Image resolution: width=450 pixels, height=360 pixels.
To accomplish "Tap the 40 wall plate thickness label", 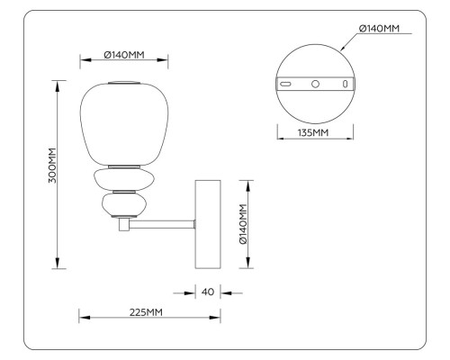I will pos(208,292).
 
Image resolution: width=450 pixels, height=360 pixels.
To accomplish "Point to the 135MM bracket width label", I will pos(314,133).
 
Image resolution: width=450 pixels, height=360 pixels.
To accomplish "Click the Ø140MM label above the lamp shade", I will pos(124,56).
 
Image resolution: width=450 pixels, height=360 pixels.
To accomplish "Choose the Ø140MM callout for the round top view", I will pos(378,29).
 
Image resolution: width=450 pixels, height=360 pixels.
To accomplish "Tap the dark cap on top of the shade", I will pos(124,83).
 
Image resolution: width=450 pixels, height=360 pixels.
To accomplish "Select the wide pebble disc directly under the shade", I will pos(123,178).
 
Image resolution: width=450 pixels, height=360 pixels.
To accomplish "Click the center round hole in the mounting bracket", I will pos(315,83).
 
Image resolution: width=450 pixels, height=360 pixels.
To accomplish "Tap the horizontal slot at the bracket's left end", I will pos(286,83).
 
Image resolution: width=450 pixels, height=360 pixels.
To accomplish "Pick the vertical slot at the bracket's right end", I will pos(344,83).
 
